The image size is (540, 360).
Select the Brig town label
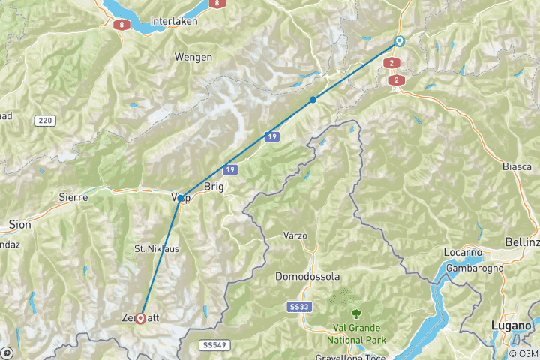click(214, 187)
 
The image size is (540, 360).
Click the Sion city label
click(19, 224)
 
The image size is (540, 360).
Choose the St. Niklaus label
click(157, 248)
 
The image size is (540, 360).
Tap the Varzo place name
click(295, 235)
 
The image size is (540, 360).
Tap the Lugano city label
click(511, 325)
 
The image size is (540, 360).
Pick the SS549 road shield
click(213, 345)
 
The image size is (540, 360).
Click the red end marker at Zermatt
click(141, 318)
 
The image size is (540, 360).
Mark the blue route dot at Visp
click(181, 198)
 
